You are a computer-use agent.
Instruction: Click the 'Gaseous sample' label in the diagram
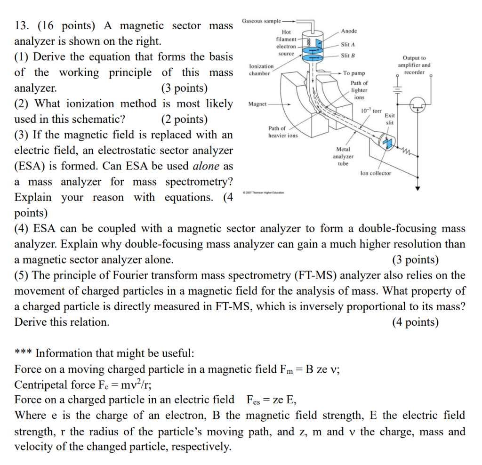[x=261, y=22]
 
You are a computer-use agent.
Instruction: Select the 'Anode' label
[x=349, y=31]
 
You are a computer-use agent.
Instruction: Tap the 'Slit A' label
[x=347, y=45]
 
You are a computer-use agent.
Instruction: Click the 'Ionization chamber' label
[x=259, y=70]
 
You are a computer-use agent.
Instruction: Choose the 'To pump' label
[x=353, y=73]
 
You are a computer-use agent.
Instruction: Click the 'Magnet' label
[x=257, y=104]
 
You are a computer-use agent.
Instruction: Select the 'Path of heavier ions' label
[x=282, y=132]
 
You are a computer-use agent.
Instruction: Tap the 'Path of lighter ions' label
[x=359, y=90]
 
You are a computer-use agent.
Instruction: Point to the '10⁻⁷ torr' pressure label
[x=371, y=111]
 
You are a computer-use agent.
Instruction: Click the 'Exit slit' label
[x=390, y=119]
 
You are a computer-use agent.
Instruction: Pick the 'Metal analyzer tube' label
[x=343, y=156]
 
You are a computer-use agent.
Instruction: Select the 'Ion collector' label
[x=375, y=173]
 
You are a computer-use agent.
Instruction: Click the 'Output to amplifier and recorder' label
[x=414, y=65]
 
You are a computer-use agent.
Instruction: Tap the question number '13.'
[x=23, y=26]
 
